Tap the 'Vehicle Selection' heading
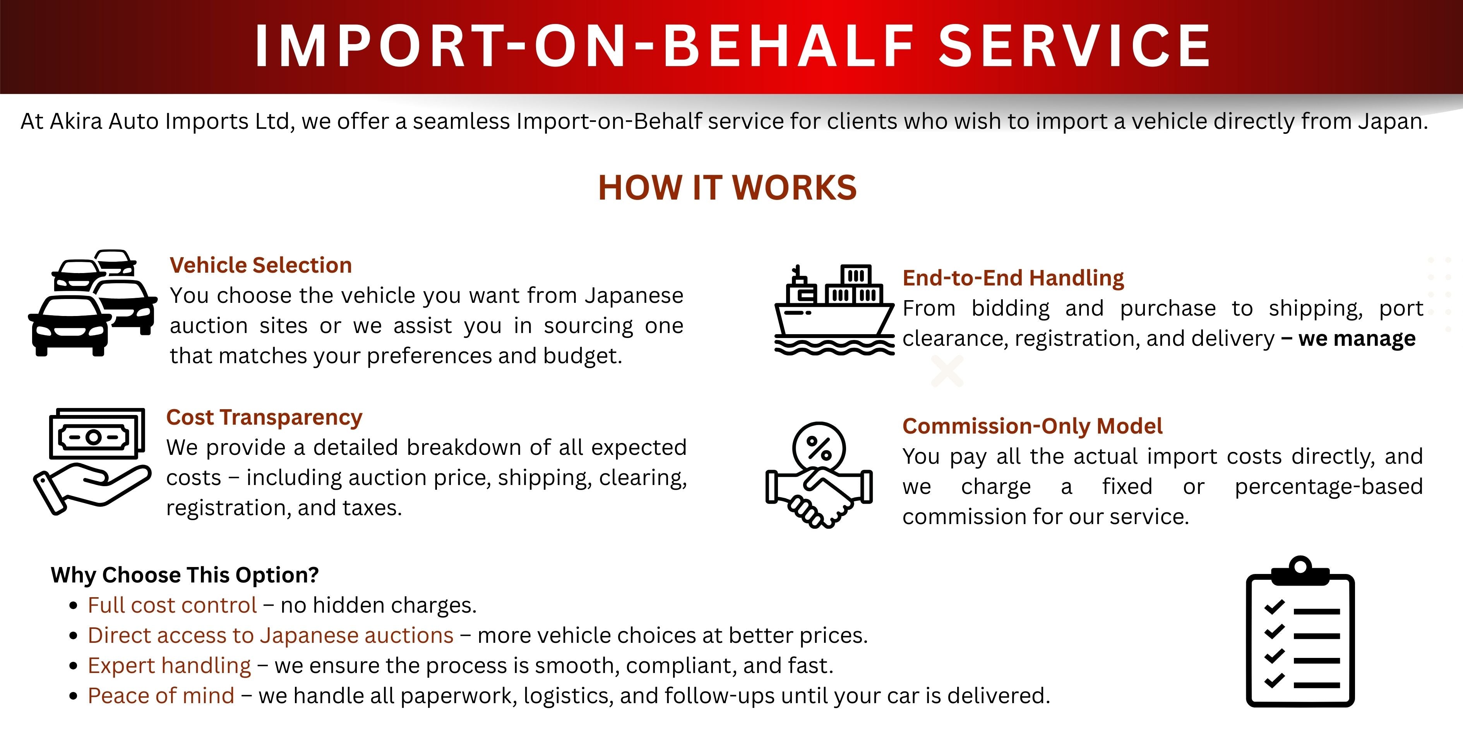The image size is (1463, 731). pyautogui.click(x=261, y=265)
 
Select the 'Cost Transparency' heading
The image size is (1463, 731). pyautogui.click(x=264, y=417)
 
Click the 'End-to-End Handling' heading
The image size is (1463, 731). pyautogui.click(x=1013, y=278)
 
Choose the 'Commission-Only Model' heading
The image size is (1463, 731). pyautogui.click(x=1033, y=426)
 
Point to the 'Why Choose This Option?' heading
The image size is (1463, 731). pyautogui.click(x=185, y=575)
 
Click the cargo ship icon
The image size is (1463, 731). pyautogui.click(x=834, y=310)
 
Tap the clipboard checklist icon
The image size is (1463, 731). pyautogui.click(x=1300, y=632)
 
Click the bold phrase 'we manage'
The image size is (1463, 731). pyautogui.click(x=1357, y=338)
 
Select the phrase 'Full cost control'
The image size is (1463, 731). pyautogui.click(x=173, y=605)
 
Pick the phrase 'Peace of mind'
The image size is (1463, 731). pyautogui.click(x=161, y=695)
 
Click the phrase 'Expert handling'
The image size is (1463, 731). pyautogui.click(x=169, y=665)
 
